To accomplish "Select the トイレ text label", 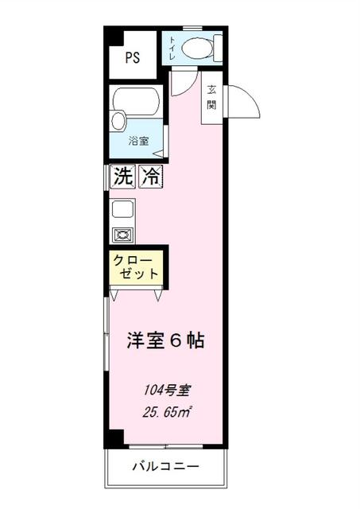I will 172,49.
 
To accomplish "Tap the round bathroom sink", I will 118,122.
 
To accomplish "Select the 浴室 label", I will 140,142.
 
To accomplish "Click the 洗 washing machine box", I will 122,177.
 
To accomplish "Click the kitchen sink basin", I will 122,210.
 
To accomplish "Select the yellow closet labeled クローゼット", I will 137,266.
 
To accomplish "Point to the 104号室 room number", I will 166,390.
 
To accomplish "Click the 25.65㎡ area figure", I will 166,412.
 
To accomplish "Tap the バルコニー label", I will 165,466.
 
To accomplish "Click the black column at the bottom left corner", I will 115,437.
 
